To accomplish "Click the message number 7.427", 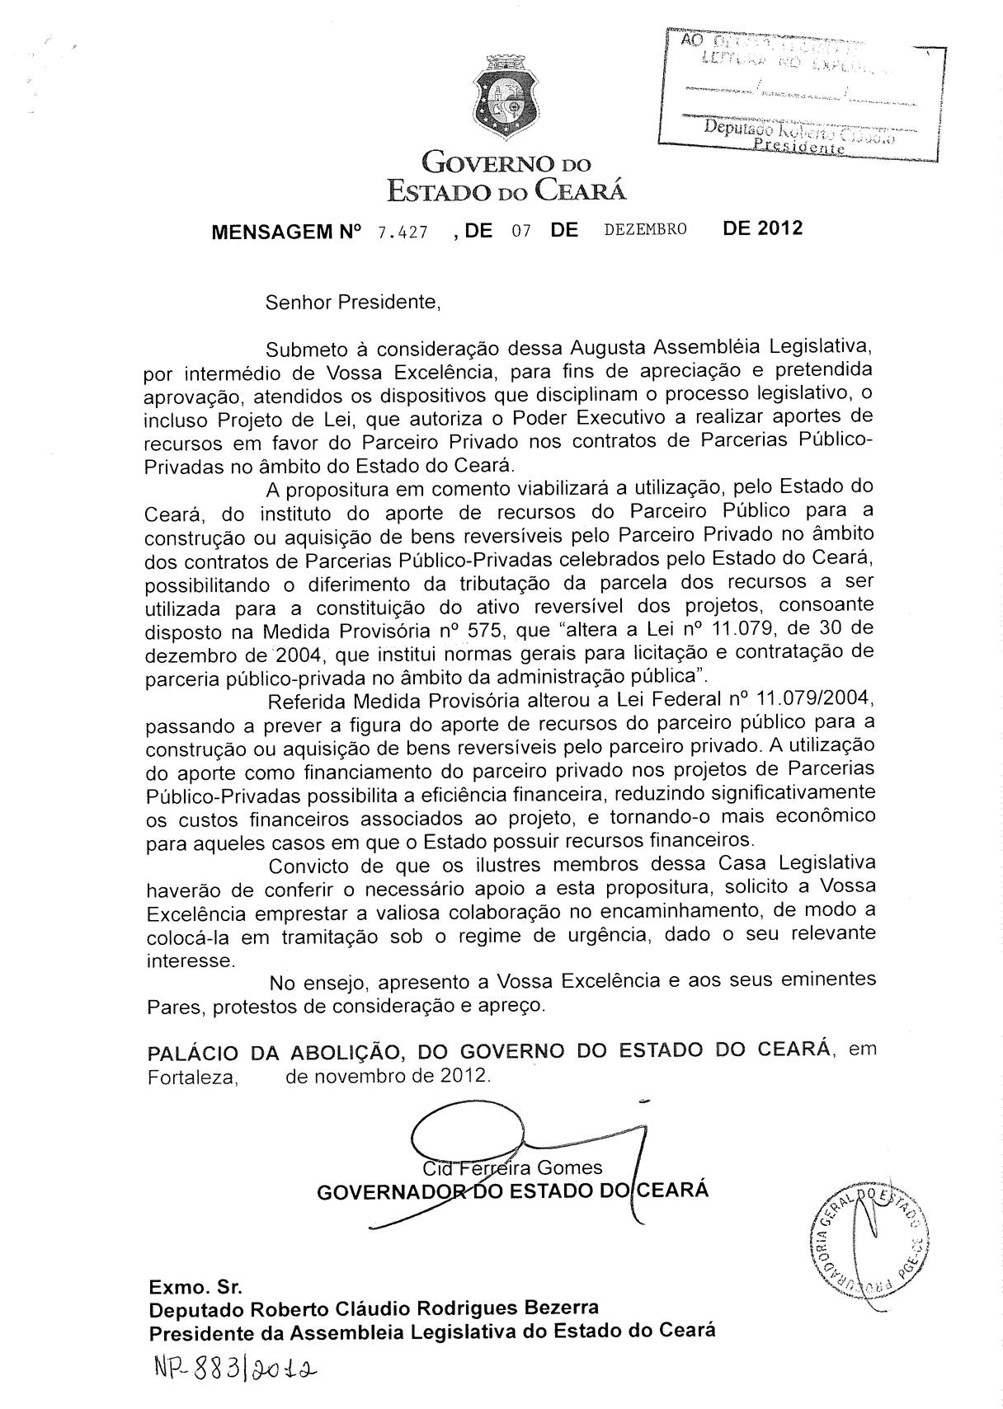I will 403,232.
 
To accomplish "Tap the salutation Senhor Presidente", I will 354,303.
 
